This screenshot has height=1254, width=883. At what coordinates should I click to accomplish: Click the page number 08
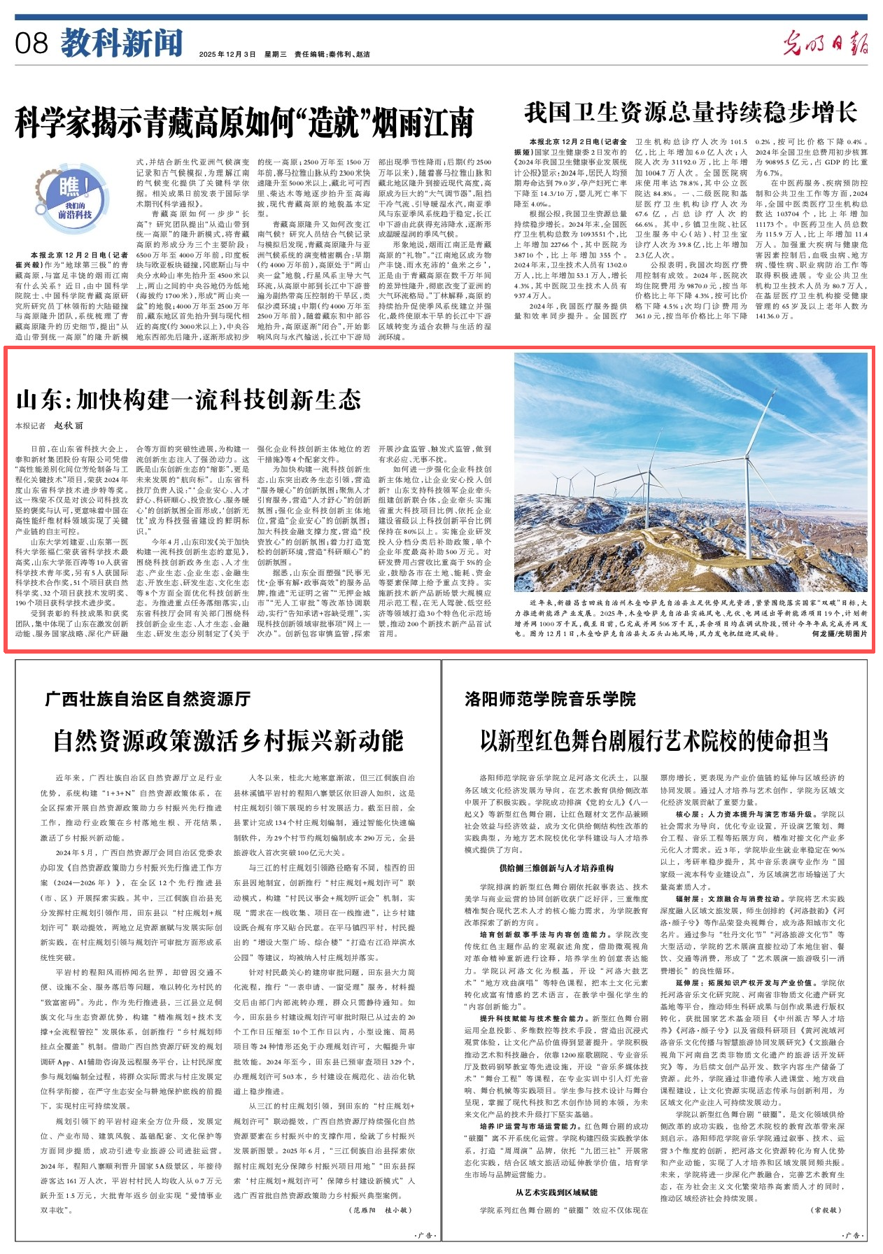(31, 43)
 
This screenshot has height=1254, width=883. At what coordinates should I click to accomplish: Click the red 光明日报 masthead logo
(825, 43)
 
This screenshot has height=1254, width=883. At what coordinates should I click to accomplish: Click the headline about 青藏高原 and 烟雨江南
(244, 123)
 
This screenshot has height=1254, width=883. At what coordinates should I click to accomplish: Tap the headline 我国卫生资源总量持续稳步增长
(691, 113)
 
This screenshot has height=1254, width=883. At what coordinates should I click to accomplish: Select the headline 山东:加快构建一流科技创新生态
(188, 400)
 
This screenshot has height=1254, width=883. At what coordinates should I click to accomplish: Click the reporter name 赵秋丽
(69, 425)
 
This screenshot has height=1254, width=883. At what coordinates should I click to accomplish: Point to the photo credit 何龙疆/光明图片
(839, 633)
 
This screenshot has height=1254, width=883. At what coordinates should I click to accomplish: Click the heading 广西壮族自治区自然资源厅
(148, 698)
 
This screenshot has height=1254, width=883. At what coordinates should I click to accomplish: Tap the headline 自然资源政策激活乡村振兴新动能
(228, 740)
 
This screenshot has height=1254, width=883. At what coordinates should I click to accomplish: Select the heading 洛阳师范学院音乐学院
(550, 698)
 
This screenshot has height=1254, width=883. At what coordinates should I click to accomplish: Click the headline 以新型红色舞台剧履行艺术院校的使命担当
(654, 740)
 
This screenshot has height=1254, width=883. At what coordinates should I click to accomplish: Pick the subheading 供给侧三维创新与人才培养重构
(556, 868)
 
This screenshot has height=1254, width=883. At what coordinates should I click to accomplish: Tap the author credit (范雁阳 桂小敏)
(380, 1209)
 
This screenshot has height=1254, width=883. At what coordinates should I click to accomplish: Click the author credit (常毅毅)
(825, 1209)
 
